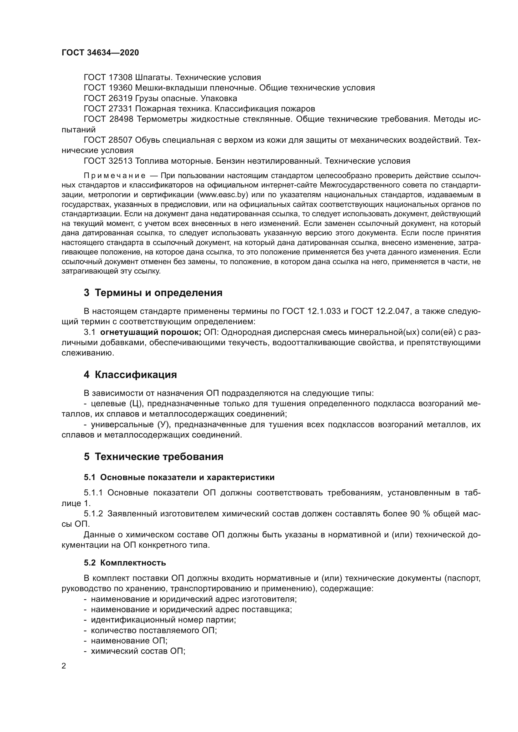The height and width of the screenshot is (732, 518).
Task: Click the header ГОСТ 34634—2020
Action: tap(100, 53)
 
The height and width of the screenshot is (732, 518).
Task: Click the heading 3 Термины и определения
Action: tap(153, 293)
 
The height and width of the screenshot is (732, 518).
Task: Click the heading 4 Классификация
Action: tap(130, 375)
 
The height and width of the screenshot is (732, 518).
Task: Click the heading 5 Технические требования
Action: tap(153, 457)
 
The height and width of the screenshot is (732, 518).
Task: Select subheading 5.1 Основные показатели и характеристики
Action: tap(179, 477)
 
